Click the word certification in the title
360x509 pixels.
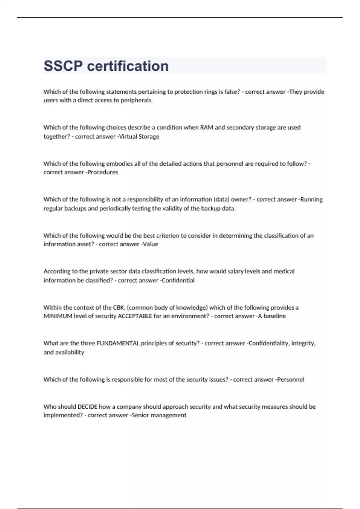point(128,66)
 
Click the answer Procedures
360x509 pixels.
point(103,172)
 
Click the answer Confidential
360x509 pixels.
point(178,280)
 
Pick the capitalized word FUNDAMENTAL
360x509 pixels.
point(118,343)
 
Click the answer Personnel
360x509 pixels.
point(290,379)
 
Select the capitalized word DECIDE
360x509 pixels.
point(87,407)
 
